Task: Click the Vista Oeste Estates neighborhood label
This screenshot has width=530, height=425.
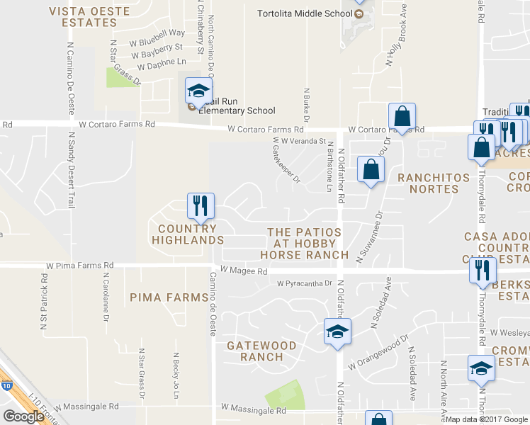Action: coord(83,16)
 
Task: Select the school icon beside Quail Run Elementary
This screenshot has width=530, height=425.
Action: coord(199,90)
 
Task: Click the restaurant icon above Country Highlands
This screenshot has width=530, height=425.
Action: coord(201,205)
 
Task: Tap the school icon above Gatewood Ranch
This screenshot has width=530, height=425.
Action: coord(337,331)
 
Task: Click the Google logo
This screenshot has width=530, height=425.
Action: coord(23,416)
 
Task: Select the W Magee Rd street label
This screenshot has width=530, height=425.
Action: coord(243,271)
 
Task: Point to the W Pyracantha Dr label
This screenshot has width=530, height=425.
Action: coord(304,283)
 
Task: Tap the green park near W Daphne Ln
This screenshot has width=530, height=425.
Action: coord(122,77)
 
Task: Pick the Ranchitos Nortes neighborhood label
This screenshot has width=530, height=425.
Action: coord(428,183)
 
